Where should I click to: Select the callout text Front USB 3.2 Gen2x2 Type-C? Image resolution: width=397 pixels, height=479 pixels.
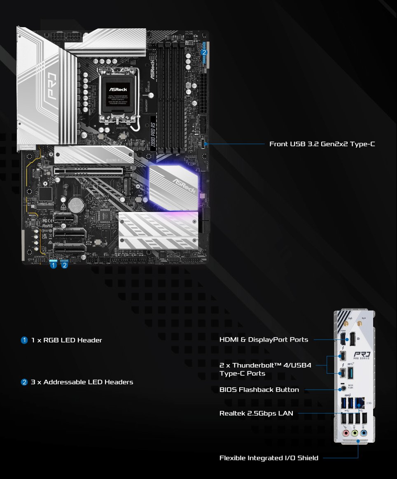[x=322, y=144]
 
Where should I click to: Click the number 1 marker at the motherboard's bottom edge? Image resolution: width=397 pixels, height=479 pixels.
[x=53, y=265]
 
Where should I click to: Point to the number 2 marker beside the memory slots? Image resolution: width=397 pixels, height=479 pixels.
[x=204, y=52]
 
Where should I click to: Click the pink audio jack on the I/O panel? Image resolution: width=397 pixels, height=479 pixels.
[x=346, y=433]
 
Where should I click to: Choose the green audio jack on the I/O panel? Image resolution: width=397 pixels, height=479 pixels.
[x=355, y=433]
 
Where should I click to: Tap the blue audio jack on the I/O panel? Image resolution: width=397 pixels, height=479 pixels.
[x=363, y=433]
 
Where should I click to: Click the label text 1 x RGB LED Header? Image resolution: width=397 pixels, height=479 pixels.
[x=66, y=340]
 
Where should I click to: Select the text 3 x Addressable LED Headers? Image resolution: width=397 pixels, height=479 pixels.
[x=82, y=382]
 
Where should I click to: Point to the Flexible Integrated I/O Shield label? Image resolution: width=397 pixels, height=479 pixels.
[x=269, y=458]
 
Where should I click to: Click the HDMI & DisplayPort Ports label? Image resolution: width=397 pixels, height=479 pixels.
[x=264, y=339]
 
